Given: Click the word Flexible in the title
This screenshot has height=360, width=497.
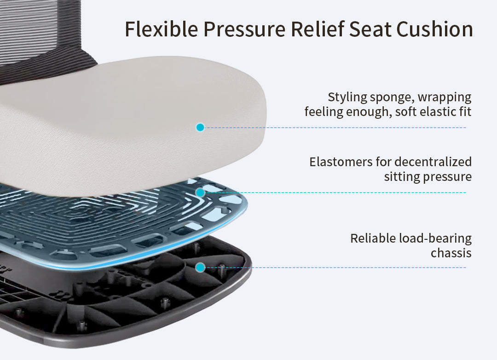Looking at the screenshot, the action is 162,29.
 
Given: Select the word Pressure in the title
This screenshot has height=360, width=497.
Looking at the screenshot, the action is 244,29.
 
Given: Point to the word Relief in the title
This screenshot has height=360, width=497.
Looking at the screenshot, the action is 317,29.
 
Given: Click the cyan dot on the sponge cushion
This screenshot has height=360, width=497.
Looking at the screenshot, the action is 200,128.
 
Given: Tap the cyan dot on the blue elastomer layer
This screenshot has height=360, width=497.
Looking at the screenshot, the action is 200,192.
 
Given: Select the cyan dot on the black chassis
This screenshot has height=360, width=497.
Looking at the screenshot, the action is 200,267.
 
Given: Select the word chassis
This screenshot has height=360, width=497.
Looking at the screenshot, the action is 451,253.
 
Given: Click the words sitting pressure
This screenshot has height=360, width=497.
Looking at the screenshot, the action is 428,177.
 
